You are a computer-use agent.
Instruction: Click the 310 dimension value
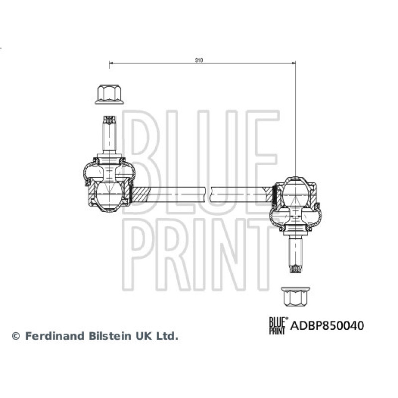click(199, 60)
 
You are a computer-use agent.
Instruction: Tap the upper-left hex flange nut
click(109, 95)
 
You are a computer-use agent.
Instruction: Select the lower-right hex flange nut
click(296, 297)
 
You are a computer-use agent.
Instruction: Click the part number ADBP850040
click(327, 326)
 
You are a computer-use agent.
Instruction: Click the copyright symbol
click(16, 336)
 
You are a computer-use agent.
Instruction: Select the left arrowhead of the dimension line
click(111, 63)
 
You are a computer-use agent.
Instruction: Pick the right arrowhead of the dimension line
click(294, 63)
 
